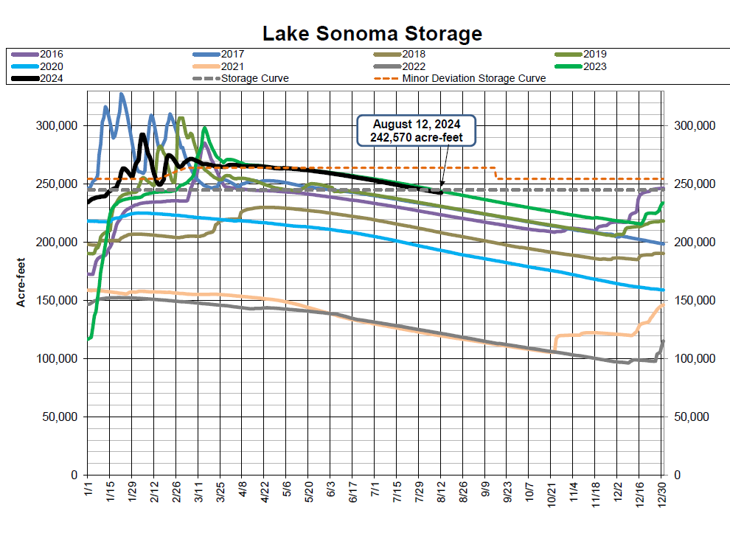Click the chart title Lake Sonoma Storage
tap(372, 33)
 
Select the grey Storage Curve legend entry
tap(254, 78)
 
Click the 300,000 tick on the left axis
tap(56, 125)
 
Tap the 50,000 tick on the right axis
tap(692, 417)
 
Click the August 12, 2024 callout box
tap(416, 130)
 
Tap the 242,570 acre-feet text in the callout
tap(416, 138)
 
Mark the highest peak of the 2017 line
tap(122, 94)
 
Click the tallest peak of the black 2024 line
tap(142, 134)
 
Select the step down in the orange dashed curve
tap(496, 173)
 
